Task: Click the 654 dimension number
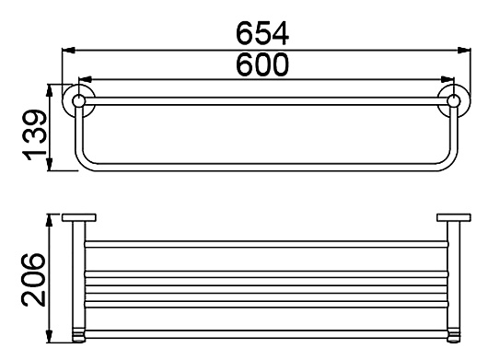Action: tap(262, 33)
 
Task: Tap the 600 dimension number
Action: tap(262, 64)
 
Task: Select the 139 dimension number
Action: tap(35, 134)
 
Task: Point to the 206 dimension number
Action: tap(33, 280)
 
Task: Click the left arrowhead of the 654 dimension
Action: tap(69, 50)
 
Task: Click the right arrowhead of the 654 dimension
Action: tap(464, 50)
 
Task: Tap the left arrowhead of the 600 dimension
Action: tap(85, 79)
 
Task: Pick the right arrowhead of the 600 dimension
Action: tap(447, 79)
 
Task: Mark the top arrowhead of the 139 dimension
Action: tap(50, 91)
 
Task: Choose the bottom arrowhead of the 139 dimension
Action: tap(50, 164)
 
